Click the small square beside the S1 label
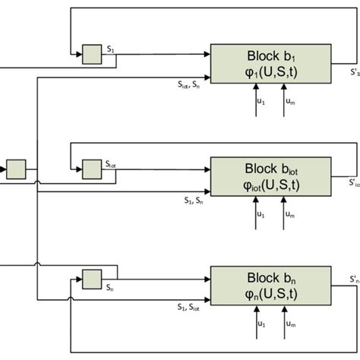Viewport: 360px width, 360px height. point(92,55)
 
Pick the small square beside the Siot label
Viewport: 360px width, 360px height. point(92,166)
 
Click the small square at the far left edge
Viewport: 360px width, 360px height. point(16,166)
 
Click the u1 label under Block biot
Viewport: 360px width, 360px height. point(261,214)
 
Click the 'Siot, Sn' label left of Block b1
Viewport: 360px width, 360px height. point(186,84)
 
